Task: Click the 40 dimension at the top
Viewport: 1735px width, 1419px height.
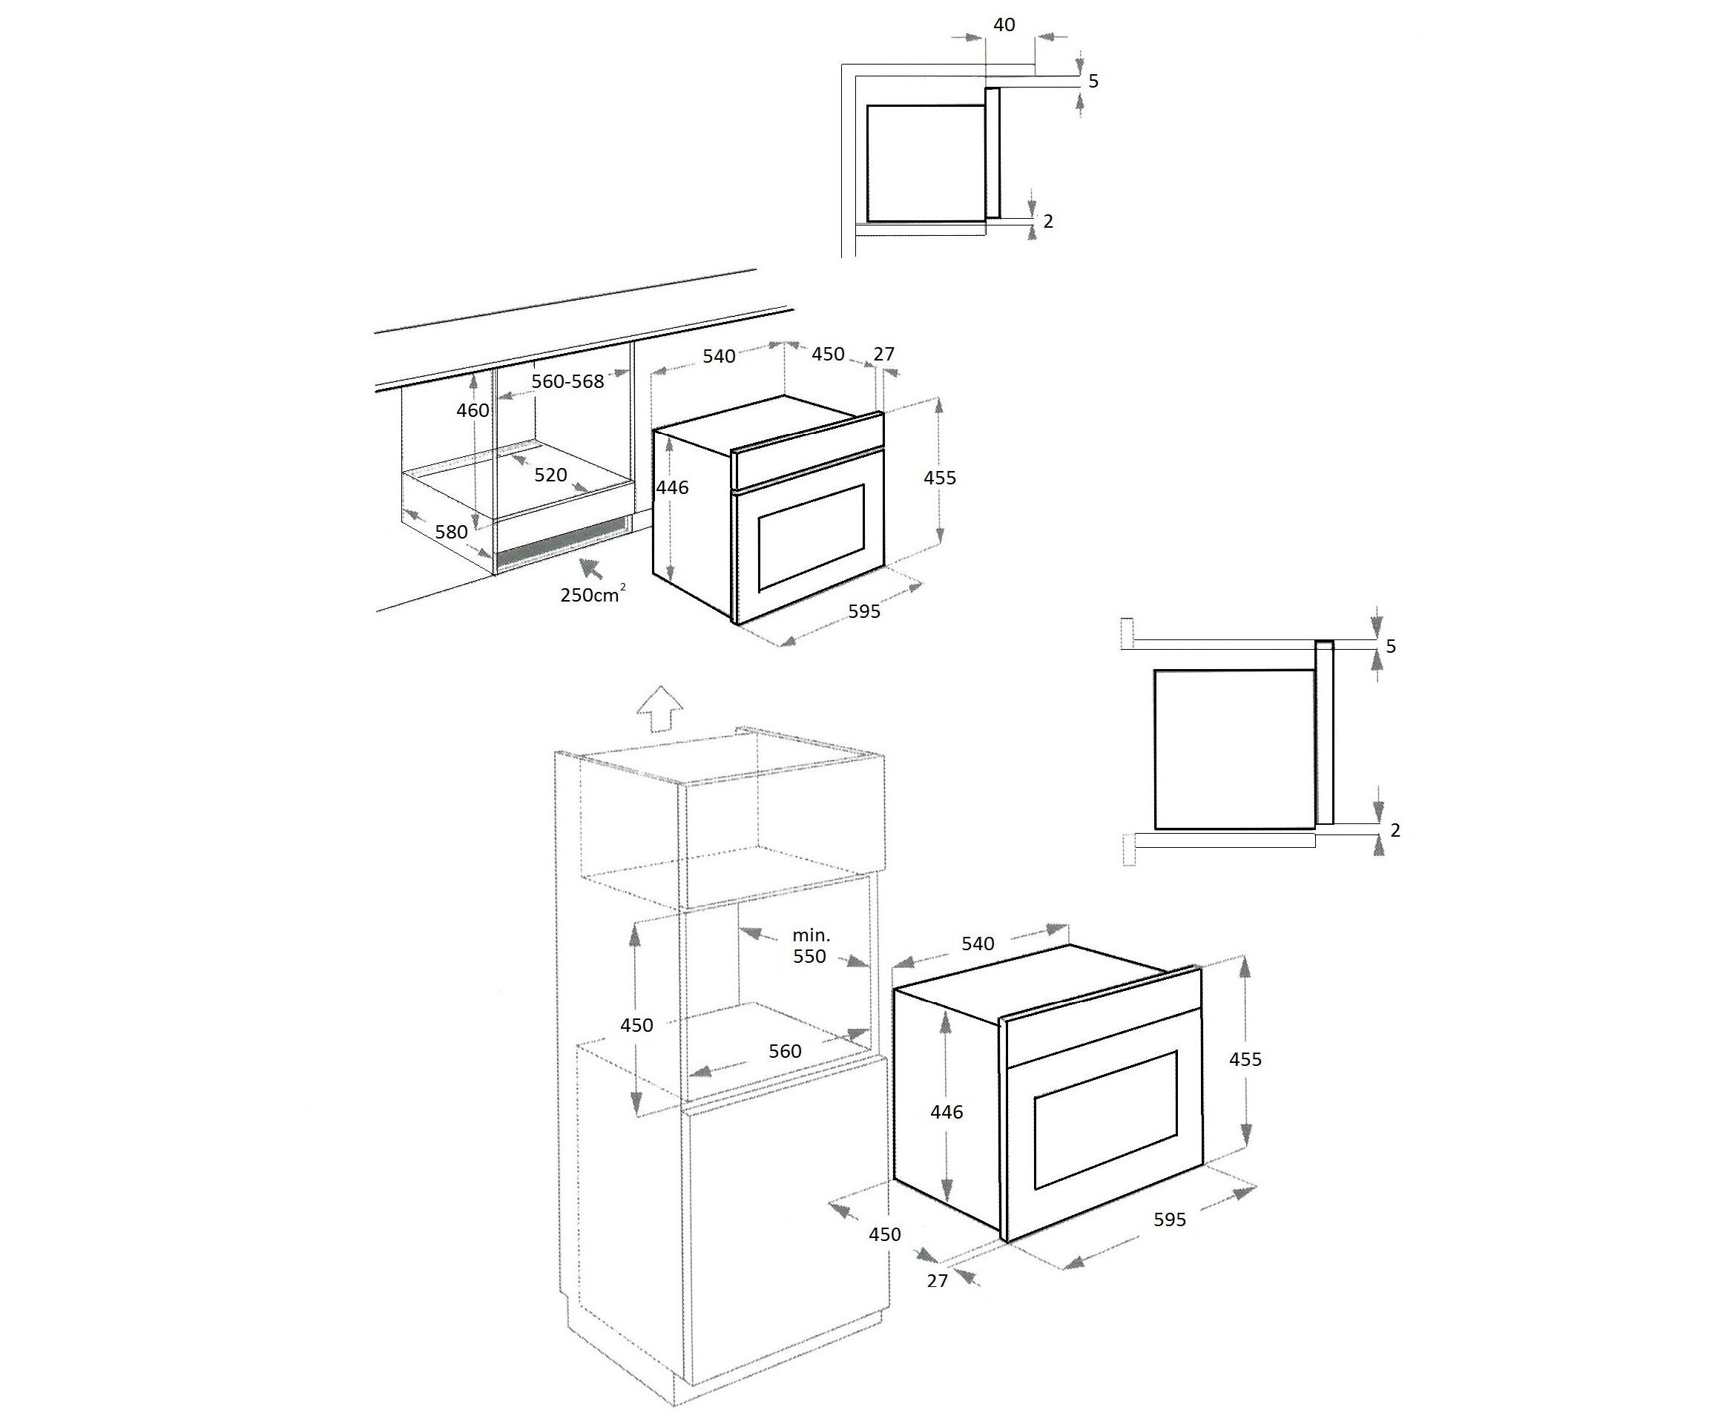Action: coord(1004,24)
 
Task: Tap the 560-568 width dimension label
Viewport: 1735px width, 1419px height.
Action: coord(567,382)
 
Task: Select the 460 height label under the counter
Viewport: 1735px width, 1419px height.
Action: coord(473,410)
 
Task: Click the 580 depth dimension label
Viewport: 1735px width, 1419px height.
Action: coord(451,532)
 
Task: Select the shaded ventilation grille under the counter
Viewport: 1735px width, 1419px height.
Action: coord(562,544)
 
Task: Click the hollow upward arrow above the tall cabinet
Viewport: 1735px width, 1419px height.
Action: coord(659,708)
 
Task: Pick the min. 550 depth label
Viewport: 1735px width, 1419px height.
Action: coord(810,946)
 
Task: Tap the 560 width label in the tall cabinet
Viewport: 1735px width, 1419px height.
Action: coord(785,1051)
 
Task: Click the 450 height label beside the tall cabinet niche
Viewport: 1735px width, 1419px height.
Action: coord(636,1025)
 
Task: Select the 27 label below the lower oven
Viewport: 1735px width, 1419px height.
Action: coord(937,1281)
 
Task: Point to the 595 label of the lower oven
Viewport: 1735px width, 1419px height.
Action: coord(1170,1219)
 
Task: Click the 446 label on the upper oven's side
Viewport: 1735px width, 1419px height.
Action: coord(673,488)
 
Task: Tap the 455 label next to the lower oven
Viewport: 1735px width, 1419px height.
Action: coord(1245,1059)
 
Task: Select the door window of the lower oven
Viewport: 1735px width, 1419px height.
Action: coord(1106,1120)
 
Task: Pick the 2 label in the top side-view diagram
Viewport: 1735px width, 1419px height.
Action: coord(1049,222)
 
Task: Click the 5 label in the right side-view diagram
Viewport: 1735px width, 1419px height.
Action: coord(1391,647)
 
